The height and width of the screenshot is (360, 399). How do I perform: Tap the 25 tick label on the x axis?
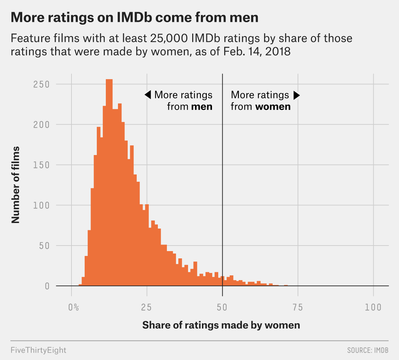tap(147, 307)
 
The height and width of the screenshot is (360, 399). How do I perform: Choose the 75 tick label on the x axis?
tap(298, 307)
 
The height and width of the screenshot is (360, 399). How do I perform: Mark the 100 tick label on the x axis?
tap(373, 307)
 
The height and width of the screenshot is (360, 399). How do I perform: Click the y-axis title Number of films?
tap(16, 185)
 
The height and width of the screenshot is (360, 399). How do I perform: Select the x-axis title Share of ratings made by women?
tap(221, 325)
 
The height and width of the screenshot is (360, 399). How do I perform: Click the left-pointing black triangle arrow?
tap(147, 95)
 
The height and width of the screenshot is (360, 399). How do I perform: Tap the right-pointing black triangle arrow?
tap(296, 95)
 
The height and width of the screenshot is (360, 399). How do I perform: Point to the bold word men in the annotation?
tap(202, 106)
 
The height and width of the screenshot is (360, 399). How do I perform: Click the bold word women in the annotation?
tap(273, 106)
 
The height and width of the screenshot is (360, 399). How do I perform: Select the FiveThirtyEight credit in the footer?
tap(38, 350)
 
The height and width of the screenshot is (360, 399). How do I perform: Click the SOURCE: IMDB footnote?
tap(367, 350)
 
